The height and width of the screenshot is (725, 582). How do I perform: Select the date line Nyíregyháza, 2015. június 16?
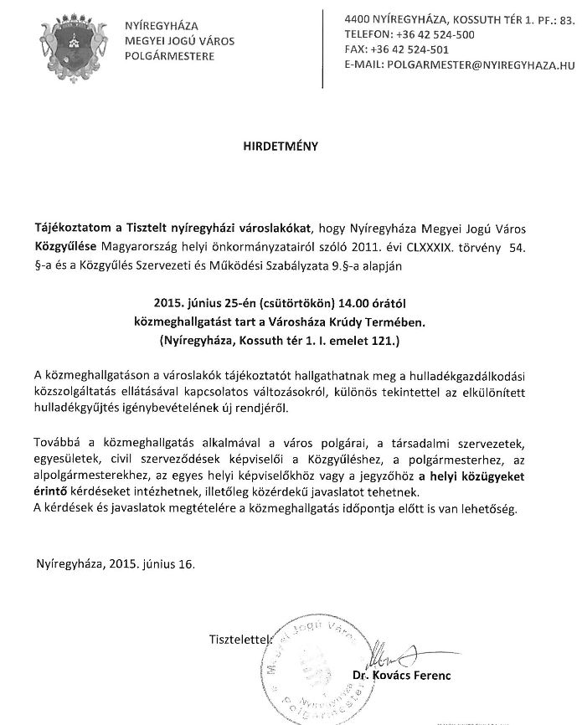coord(116,564)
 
